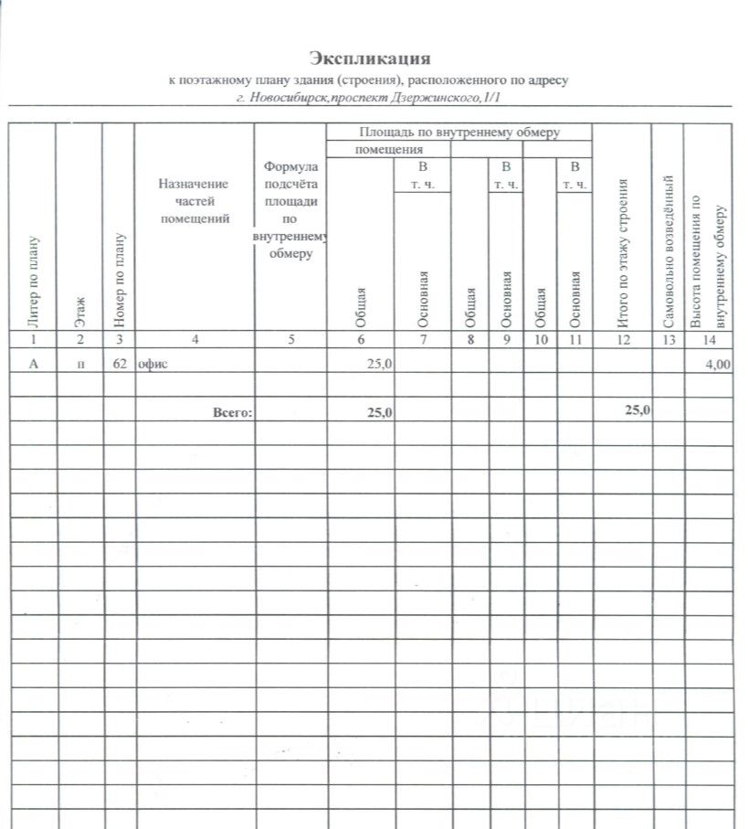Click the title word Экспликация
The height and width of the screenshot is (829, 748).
(369, 59)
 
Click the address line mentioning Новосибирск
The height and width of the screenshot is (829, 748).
(369, 96)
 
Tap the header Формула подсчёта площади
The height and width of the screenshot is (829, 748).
(290, 210)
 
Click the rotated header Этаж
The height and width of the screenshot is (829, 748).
(80, 312)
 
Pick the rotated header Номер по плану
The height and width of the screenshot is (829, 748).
(119, 282)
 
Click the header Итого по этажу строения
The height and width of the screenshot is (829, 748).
(624, 252)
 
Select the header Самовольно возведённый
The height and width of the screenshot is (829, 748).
(669, 250)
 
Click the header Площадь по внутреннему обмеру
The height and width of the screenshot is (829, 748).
(459, 133)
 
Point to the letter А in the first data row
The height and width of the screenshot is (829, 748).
(34, 364)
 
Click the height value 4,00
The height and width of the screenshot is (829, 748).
(718, 365)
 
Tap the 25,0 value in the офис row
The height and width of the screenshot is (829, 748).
(379, 364)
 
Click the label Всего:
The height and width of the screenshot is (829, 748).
(232, 413)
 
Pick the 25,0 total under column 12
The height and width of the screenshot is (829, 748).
(637, 410)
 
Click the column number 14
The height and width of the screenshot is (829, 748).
(708, 340)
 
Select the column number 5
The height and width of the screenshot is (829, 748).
(290, 340)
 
